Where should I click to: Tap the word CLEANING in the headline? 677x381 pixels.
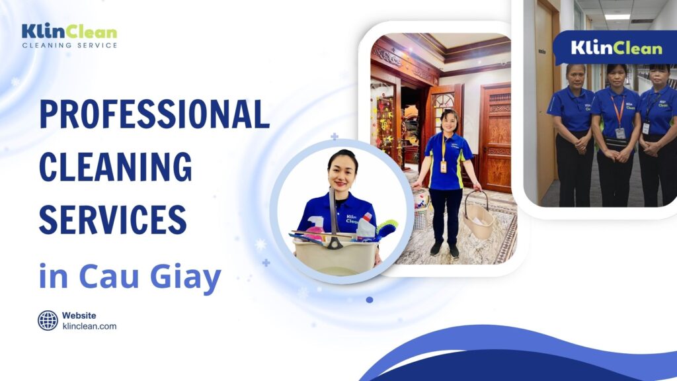pyautogui.click(x=115, y=165)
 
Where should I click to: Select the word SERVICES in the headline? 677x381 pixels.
pyautogui.click(x=112, y=218)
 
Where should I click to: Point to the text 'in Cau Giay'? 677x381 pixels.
pyautogui.click(x=129, y=277)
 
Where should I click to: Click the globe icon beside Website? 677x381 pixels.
pyautogui.click(x=48, y=320)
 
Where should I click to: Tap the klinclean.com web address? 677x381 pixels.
pyautogui.click(x=89, y=326)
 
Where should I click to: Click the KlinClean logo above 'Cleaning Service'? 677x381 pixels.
pyautogui.click(x=69, y=31)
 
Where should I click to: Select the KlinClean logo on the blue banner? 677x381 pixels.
pyautogui.click(x=616, y=48)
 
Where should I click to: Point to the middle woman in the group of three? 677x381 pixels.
pyautogui.click(x=615, y=132)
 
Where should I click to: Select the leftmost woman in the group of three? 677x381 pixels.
pyautogui.click(x=571, y=132)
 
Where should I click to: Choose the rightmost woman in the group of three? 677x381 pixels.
pyautogui.click(x=657, y=132)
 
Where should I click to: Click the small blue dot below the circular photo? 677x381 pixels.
pyautogui.click(x=369, y=300)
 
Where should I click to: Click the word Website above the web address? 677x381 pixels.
pyautogui.click(x=79, y=316)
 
